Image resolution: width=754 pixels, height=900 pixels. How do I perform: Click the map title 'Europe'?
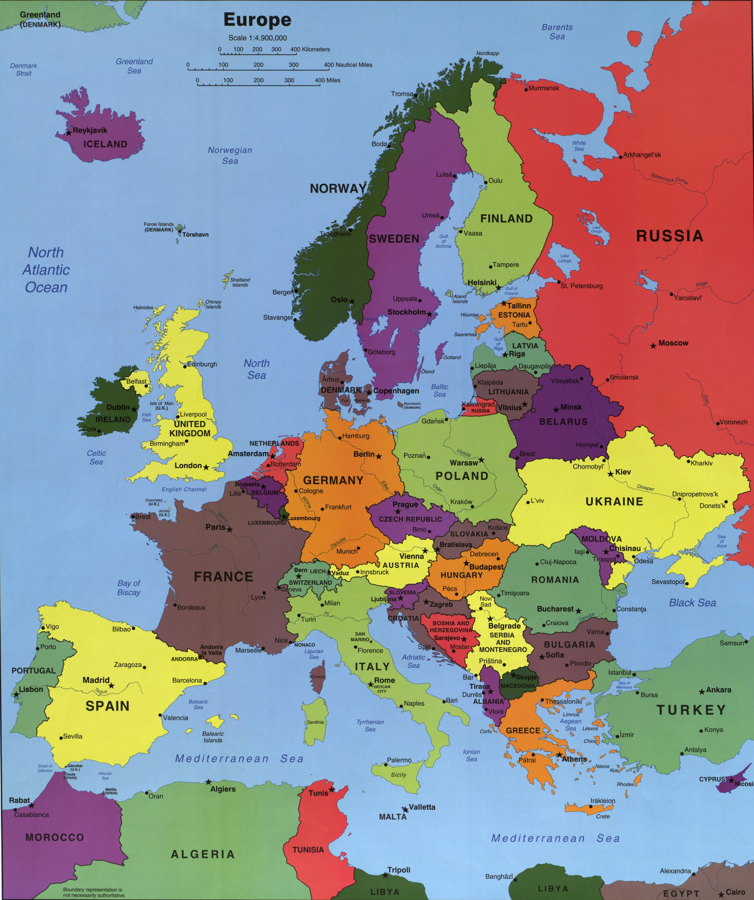click(257, 20)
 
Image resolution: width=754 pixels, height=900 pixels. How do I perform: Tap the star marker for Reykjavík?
click(69, 133)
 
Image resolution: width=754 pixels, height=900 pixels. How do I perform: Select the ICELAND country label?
click(105, 144)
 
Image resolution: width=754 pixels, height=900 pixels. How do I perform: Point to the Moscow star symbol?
click(653, 346)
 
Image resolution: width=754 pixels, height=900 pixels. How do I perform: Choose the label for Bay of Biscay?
click(129, 588)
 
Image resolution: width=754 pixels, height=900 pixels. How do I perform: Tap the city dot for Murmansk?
click(526, 90)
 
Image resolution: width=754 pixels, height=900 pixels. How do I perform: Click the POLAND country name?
click(462, 476)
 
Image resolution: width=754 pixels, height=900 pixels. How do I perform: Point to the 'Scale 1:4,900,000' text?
click(258, 38)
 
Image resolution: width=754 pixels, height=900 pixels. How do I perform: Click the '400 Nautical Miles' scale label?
click(348, 65)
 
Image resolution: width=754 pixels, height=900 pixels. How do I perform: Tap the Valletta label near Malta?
click(422, 807)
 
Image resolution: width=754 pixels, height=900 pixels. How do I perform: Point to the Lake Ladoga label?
click(565, 258)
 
